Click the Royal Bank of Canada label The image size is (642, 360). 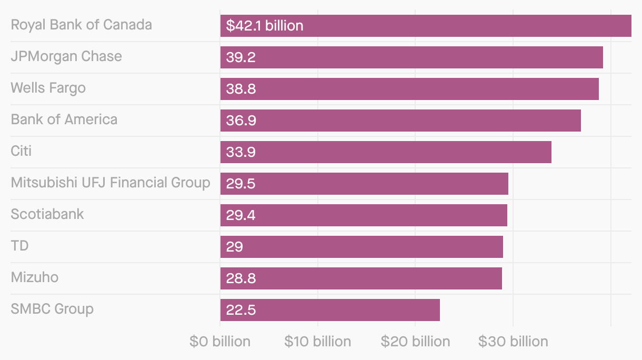81,25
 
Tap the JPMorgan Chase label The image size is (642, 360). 66,56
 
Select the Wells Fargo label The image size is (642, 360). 48,88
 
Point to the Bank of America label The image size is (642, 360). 64,119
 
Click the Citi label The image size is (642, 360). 21,151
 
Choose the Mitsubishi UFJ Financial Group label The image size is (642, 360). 111,183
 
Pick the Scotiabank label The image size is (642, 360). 47,214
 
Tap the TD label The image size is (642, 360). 19,246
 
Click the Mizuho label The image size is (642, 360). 35,277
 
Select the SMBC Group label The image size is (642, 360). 52,309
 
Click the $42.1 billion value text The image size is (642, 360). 264,26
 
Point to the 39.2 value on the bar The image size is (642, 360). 240,57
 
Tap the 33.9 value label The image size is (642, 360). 240,152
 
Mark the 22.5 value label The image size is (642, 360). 240,310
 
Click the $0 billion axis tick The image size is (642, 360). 220,342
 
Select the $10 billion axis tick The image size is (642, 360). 317,342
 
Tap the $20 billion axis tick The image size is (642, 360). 415,342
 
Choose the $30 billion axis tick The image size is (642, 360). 513,342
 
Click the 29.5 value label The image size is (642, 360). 240,184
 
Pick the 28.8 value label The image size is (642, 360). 240,278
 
